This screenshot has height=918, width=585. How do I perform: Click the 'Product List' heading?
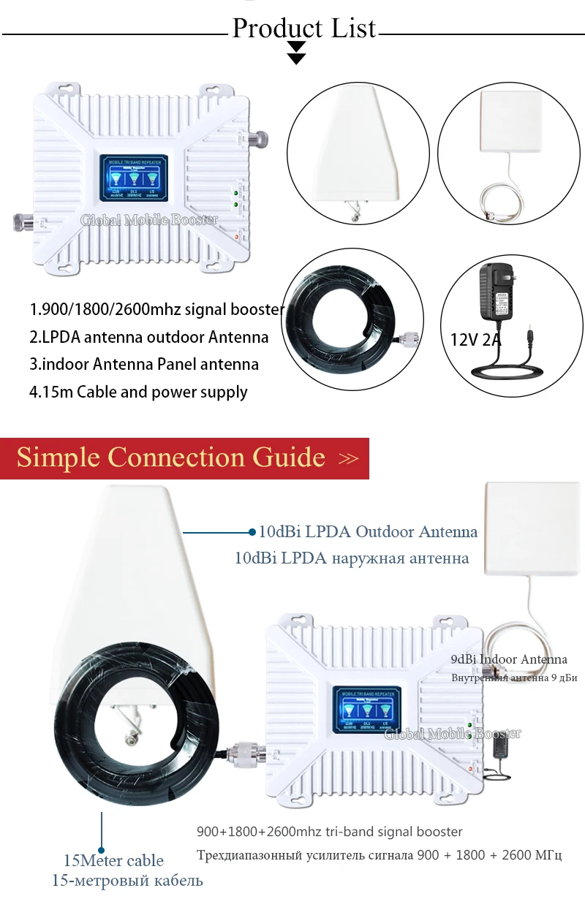click(x=303, y=28)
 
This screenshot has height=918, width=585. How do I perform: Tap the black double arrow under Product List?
click(x=296, y=53)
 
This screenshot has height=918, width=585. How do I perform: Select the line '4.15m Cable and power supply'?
click(x=138, y=392)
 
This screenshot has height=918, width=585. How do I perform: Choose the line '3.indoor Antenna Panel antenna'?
click(x=144, y=364)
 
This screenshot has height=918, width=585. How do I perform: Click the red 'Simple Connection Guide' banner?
click(x=184, y=458)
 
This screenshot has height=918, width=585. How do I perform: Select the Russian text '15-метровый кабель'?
click(x=127, y=880)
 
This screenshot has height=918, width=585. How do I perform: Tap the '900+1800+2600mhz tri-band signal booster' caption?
click(x=330, y=831)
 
